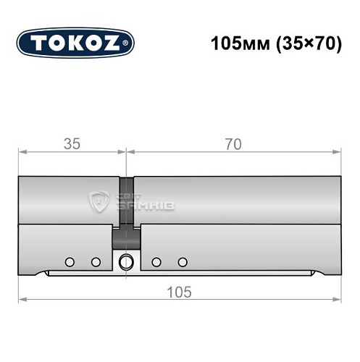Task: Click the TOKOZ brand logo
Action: [75, 42]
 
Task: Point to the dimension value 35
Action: [72, 144]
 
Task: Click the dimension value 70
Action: [233, 144]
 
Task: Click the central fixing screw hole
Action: [127, 261]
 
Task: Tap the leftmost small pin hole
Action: [69, 261]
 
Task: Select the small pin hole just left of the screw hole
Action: [96, 261]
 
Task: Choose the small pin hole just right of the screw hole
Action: [156, 261]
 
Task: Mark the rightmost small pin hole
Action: [183, 261]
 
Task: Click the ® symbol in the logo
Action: [128, 43]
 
